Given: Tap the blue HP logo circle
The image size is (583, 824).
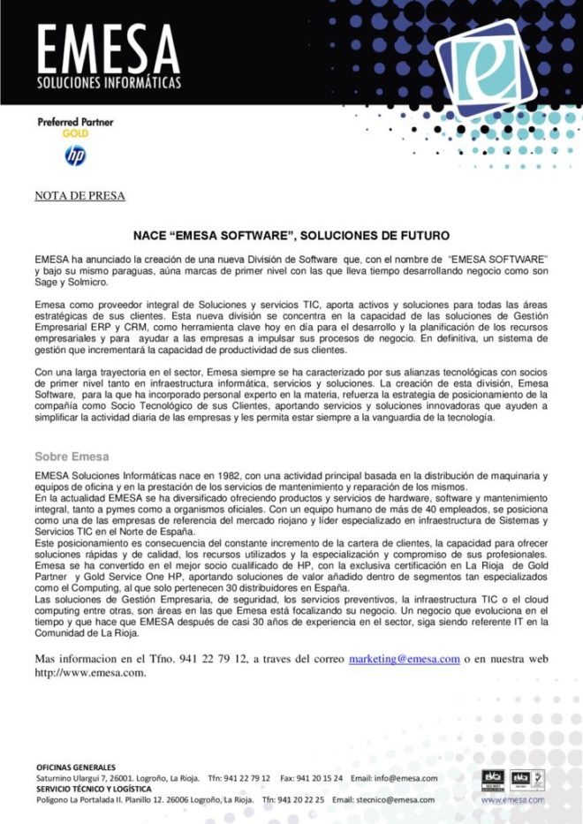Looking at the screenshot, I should click(75, 157).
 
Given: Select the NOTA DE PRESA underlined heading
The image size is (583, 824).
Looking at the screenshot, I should click(79, 195).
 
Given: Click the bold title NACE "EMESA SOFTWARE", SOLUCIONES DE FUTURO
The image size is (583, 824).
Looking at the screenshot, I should click(291, 236).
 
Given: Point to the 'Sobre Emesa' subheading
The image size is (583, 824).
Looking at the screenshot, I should click(72, 457).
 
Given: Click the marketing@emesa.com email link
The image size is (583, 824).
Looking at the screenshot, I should click(404, 659).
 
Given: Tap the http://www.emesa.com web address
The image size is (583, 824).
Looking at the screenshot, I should click(90, 672).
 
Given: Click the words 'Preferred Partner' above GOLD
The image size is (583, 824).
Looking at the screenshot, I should click(75, 122).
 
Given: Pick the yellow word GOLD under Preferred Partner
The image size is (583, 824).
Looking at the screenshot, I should click(75, 133).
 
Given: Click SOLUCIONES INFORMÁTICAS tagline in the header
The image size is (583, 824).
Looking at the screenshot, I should click(109, 83).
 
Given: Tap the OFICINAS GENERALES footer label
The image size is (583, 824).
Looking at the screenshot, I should click(76, 767).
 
